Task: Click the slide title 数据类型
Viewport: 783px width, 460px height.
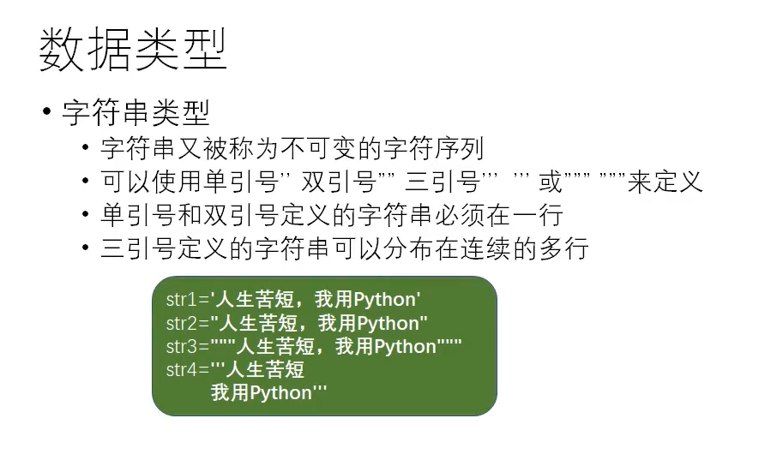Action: [133, 50]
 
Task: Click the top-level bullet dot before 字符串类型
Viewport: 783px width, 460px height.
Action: [47, 111]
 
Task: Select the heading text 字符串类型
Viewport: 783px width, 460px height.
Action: [136, 113]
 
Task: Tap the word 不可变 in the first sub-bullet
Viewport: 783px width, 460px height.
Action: [319, 149]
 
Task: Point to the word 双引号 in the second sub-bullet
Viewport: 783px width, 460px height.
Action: [339, 182]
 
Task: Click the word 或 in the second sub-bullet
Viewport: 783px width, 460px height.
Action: [551, 182]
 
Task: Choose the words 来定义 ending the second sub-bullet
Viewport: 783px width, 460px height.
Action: [666, 182]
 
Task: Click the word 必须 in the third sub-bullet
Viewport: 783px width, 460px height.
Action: [459, 215]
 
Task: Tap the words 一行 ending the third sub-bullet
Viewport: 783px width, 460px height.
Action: [537, 215]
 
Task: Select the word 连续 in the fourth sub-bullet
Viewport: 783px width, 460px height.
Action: [486, 248]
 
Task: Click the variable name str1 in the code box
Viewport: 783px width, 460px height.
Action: [182, 300]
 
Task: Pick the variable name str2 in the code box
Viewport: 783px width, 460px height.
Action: [182, 323]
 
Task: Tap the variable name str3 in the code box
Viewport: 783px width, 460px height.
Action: [182, 347]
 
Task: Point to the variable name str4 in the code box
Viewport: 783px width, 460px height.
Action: [182, 370]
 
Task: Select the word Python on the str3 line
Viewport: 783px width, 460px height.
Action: [405, 347]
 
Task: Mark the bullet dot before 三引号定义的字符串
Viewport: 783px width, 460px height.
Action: [86, 248]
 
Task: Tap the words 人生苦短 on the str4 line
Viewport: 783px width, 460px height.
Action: [265, 370]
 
